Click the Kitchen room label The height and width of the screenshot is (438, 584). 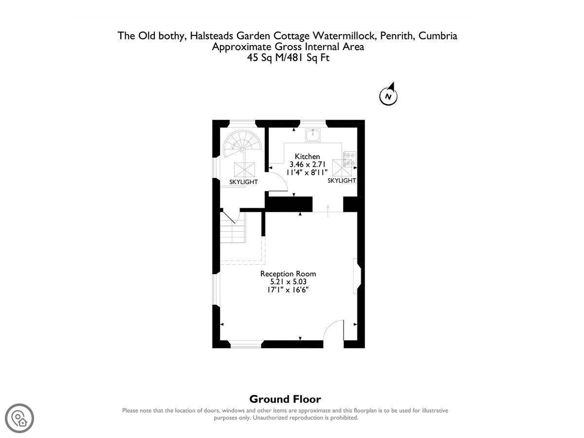307,156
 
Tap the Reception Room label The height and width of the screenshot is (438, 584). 288,274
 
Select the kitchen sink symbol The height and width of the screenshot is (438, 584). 313,135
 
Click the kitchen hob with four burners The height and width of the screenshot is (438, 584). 349,159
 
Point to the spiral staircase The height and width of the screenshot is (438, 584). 242,144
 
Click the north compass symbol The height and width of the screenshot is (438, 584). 388,94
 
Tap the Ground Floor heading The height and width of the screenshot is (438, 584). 285,399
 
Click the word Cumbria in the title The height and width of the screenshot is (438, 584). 438,36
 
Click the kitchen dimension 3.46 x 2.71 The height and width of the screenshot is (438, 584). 307,164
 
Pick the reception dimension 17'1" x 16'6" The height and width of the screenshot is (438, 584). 288,290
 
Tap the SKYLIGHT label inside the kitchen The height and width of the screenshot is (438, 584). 342,181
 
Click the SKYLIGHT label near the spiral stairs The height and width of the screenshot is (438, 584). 243,182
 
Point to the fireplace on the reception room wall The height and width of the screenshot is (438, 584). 357,276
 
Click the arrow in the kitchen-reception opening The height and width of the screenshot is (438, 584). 328,211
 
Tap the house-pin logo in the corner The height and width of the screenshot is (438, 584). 19,418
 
